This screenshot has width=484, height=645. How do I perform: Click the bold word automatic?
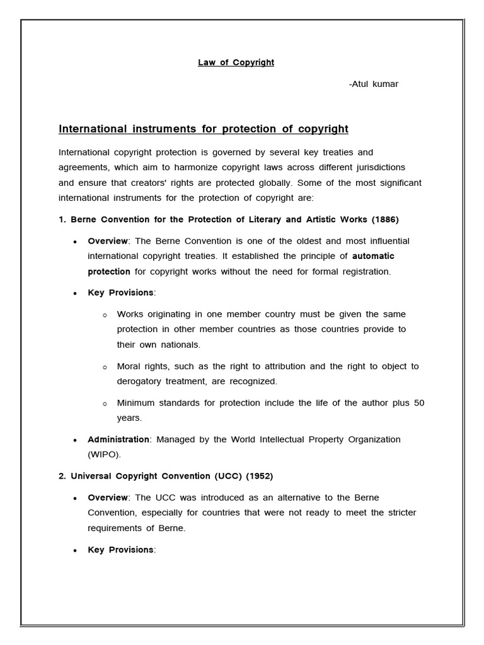(x=373, y=256)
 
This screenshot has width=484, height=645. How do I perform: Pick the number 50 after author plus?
(x=419, y=402)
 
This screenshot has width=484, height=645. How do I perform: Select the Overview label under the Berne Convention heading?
(x=108, y=241)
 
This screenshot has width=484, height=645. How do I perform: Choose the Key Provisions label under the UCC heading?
(x=120, y=549)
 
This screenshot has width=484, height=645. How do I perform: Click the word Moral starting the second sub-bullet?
(x=129, y=366)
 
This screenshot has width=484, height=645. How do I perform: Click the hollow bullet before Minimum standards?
(x=105, y=403)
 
